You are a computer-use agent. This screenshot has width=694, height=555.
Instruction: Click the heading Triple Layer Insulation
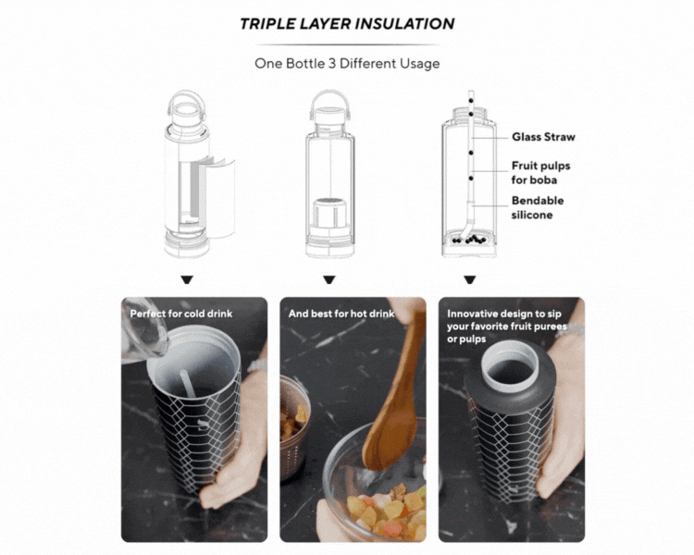347,23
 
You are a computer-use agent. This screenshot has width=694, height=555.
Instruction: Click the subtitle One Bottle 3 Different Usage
347,63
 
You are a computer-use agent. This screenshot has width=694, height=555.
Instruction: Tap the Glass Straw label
543,137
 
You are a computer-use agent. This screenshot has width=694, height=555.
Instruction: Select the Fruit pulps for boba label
540,173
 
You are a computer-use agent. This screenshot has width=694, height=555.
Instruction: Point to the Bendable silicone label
538,207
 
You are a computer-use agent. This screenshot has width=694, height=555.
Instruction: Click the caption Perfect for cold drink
181,314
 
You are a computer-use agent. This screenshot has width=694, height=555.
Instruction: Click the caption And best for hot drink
341,314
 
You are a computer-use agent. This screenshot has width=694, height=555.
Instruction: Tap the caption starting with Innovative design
507,327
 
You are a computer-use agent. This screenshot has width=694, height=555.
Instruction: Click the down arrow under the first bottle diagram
187,279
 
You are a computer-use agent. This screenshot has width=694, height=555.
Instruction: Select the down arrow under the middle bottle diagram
328,279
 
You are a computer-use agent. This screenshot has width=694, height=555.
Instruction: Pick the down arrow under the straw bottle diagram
469,279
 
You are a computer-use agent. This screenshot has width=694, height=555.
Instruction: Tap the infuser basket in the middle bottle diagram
329,212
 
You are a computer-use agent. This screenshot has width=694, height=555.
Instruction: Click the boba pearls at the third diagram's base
469,240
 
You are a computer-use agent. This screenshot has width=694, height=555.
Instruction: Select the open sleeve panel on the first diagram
220,197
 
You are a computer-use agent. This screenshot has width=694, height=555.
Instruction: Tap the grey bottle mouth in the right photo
510,364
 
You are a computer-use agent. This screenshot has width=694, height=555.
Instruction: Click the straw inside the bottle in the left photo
187,383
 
